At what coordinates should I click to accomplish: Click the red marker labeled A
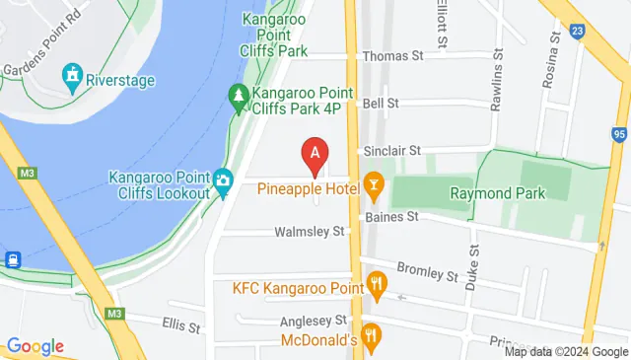[x=315, y=155]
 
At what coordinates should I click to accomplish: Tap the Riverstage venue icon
[x=72, y=74]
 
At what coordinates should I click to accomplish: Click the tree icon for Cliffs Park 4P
[x=238, y=96]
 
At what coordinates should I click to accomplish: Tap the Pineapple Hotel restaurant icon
[x=374, y=184]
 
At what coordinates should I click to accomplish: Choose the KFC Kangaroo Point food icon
[x=376, y=288]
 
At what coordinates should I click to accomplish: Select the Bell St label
[x=380, y=103]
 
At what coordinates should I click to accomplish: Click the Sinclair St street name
[x=392, y=150]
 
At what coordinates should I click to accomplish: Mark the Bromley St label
[x=428, y=270]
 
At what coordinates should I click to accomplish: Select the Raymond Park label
[x=498, y=193]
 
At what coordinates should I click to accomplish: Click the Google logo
[x=35, y=346]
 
